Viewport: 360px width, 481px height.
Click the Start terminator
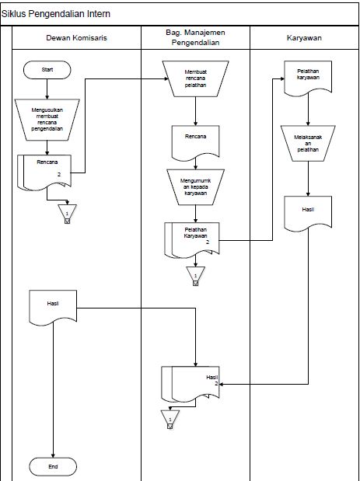point(47,70)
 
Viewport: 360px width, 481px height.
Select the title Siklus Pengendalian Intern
point(56,12)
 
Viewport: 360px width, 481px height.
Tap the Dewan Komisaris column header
point(76,37)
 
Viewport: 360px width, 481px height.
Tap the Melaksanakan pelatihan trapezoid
point(309,144)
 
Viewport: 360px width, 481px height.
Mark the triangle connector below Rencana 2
point(68,212)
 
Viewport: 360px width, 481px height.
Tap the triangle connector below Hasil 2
point(170,418)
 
